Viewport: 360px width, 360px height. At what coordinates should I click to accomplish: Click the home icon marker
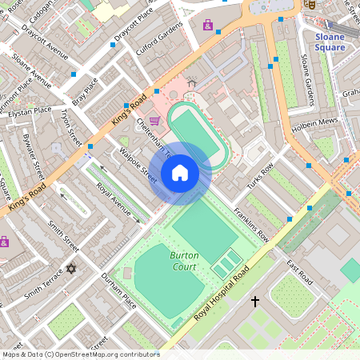coord(180,173)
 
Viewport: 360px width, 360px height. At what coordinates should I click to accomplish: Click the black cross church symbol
coord(256,302)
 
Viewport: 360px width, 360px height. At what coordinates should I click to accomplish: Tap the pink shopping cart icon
coord(154,120)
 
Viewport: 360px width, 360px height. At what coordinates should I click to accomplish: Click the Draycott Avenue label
coord(46,51)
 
